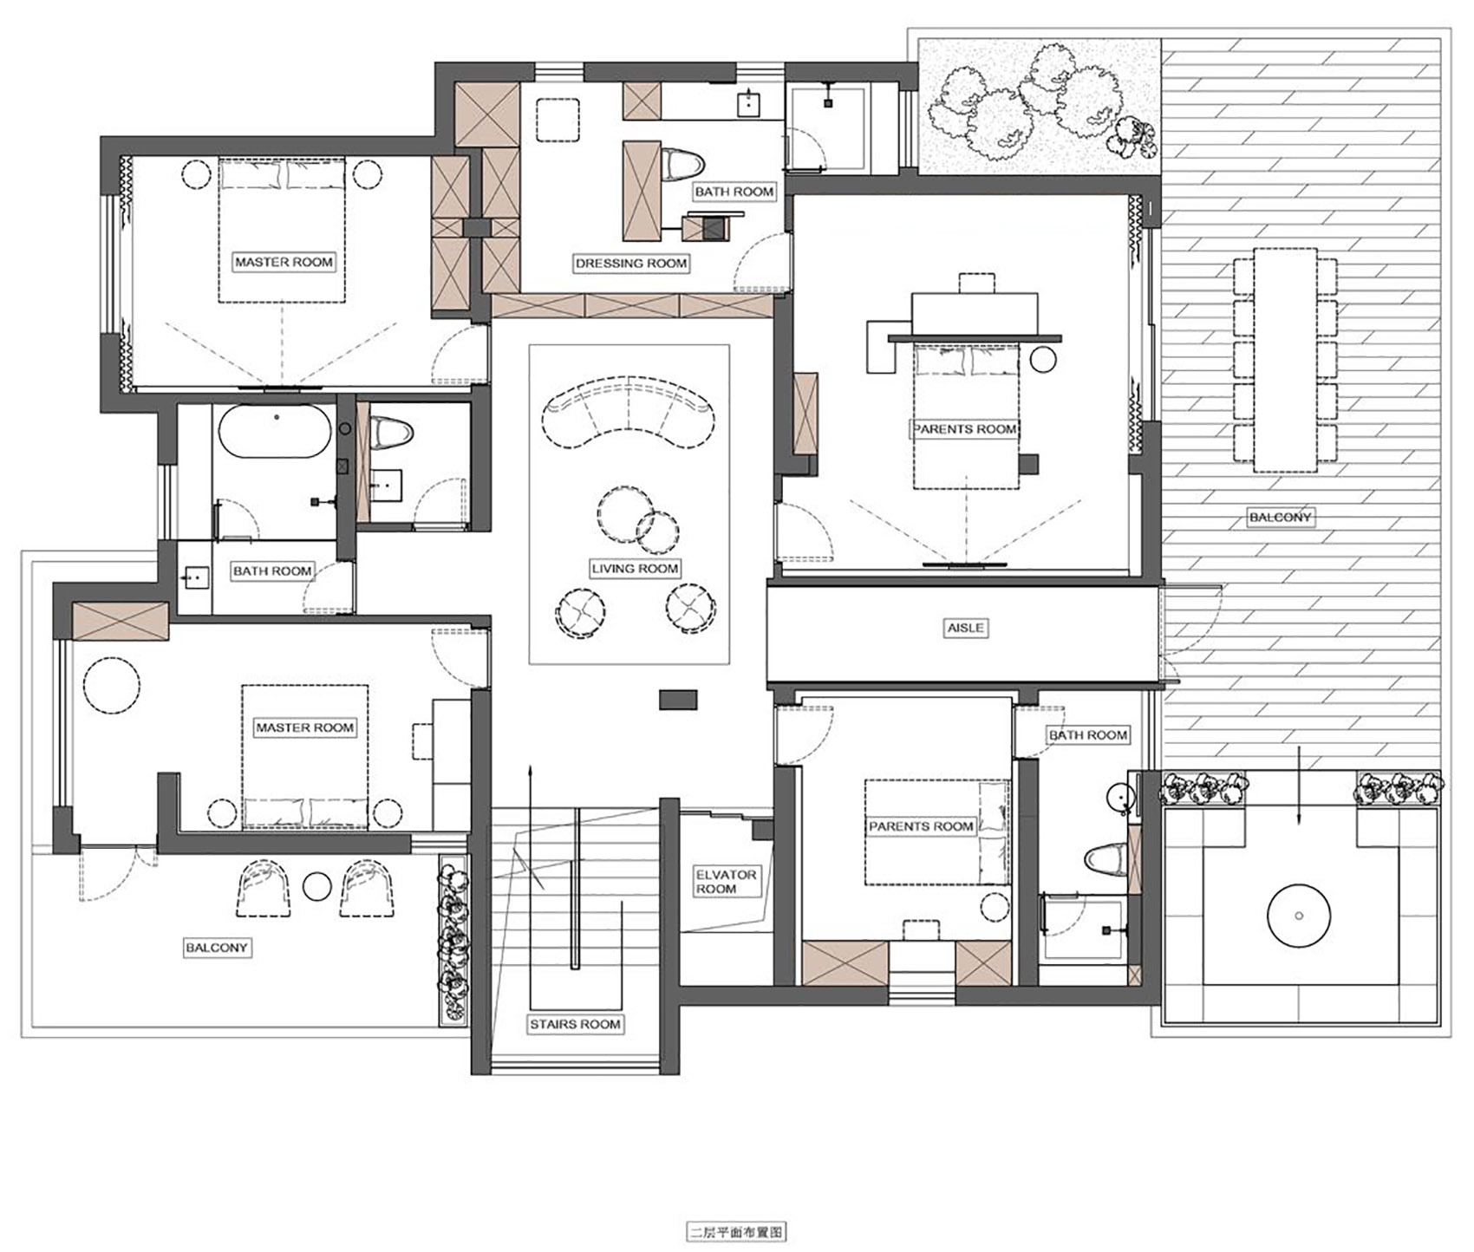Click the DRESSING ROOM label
pos(631,263)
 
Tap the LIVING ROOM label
pos(635,569)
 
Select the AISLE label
pos(966,627)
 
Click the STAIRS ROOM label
pos(576,1024)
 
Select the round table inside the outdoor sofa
pos(1298,916)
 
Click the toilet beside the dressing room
pos(682,165)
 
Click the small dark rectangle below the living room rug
pos(678,699)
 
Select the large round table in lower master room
pos(112,686)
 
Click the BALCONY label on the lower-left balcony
pos(217,948)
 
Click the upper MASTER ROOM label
pos(284,262)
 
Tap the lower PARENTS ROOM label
pos(921,826)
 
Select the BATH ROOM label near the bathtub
pos(272,571)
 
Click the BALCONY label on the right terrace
pos(1281,518)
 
